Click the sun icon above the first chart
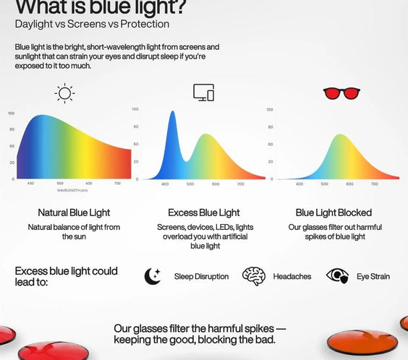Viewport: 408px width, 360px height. coord(65,93)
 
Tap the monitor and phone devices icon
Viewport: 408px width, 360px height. coord(203,93)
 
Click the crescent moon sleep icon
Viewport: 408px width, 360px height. coord(153,276)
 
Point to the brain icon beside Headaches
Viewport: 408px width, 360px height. coord(253,275)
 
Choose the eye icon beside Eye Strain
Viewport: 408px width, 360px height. coord(337,276)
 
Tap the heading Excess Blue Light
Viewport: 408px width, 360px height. coord(203,213)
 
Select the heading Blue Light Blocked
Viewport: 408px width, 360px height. coord(333,213)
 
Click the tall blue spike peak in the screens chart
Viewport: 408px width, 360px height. coord(172,113)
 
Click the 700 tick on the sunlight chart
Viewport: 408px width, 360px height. coord(117,184)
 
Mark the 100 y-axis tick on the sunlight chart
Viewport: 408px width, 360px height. coord(12,113)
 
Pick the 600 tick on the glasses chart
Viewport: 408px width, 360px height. coord(349,184)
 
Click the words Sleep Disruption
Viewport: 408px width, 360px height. coord(201,276)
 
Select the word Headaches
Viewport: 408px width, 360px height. coord(293,276)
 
